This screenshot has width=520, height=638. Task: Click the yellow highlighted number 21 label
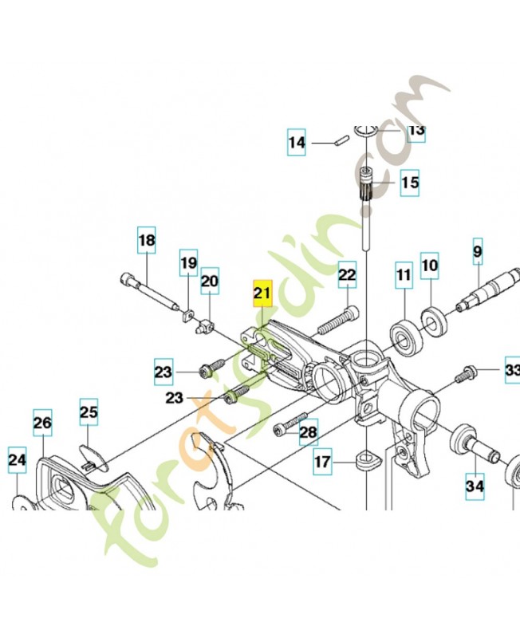pos(262,293)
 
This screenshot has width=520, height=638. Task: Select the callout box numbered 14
pos(297,144)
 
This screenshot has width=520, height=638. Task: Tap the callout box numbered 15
pos(409,183)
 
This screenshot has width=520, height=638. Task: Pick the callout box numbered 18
pos(147,239)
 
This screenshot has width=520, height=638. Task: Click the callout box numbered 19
pos(188,262)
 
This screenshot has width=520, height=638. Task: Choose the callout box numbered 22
pos(347,275)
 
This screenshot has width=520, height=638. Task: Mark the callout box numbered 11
pos(404,276)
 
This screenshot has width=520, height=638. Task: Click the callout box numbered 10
pos(430,265)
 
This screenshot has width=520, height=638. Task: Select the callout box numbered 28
pos(308,432)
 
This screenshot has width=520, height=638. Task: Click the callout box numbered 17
pos(322,461)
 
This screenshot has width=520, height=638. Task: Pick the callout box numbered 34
pos(475,485)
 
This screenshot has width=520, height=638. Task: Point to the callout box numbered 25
pos(89,412)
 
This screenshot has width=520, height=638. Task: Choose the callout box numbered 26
pos(42,423)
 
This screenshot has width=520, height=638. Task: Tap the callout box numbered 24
pos(18,460)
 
